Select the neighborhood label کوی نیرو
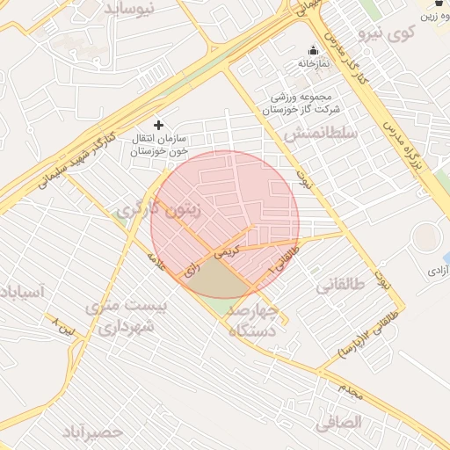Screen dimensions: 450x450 pyautogui.click(x=412, y=35)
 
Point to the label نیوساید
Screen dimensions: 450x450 pyautogui.click(x=131, y=8)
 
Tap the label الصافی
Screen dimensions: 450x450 pyautogui.click(x=338, y=422)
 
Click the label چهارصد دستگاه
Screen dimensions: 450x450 pyautogui.click(x=253, y=322)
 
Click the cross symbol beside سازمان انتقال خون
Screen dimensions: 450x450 pyautogui.click(x=158, y=125)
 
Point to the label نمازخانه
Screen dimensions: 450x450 pyautogui.click(x=312, y=64)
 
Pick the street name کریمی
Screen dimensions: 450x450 pyautogui.click(x=229, y=250)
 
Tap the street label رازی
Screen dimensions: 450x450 pyautogui.click(x=192, y=269)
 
